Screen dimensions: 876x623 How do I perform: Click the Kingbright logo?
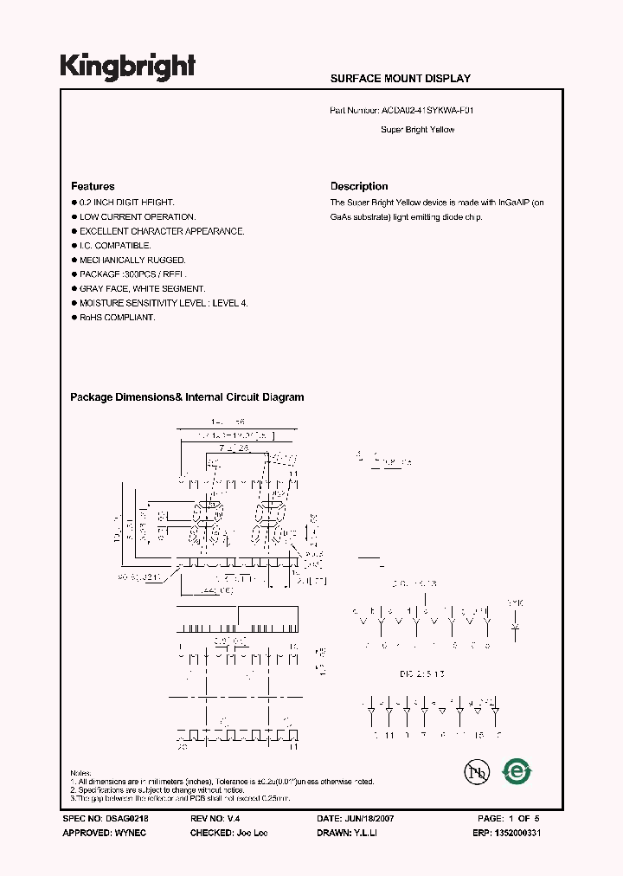click(x=127, y=67)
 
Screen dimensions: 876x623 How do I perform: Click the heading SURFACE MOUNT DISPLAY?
click(x=400, y=78)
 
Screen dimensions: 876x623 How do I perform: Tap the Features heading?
click(x=93, y=186)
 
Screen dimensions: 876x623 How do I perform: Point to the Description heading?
click(x=359, y=186)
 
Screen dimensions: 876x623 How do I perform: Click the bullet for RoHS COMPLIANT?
click(x=74, y=318)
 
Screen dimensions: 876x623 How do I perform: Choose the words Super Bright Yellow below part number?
click(x=417, y=130)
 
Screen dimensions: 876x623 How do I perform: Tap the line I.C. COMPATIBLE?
click(x=115, y=246)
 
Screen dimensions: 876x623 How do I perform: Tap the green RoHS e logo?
click(x=517, y=770)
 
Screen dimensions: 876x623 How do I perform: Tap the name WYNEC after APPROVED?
click(x=129, y=832)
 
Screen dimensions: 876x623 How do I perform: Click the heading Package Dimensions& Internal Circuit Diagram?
click(x=187, y=397)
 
